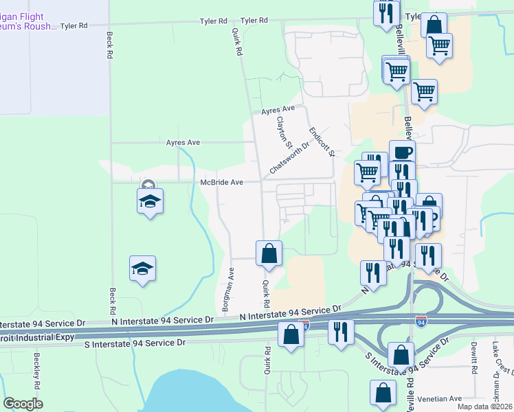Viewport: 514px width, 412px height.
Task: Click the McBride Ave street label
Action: coord(222,182)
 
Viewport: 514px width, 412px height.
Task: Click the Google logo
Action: coord(23,404)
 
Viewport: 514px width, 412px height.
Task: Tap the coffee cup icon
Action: coord(402,152)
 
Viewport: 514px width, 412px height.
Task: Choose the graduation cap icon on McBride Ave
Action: coord(149,200)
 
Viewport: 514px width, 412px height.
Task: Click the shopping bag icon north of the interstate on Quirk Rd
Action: coord(269,253)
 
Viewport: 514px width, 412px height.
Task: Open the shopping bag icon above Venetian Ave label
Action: coord(383,393)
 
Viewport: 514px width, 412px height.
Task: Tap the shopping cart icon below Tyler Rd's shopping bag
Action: coord(439,46)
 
